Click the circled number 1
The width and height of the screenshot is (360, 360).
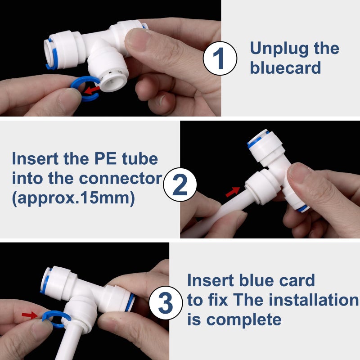(x=220, y=58)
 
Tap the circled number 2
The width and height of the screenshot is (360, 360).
(x=180, y=184)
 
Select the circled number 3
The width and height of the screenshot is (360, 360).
(x=166, y=303)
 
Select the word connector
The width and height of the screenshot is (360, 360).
(x=121, y=179)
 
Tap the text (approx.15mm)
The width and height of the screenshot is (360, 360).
(x=73, y=198)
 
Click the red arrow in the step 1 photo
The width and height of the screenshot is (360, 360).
(x=92, y=90)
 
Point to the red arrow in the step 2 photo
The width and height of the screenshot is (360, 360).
(x=233, y=192)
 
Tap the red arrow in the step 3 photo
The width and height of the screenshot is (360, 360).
(x=30, y=315)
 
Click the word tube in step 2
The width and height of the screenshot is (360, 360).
(x=140, y=158)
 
